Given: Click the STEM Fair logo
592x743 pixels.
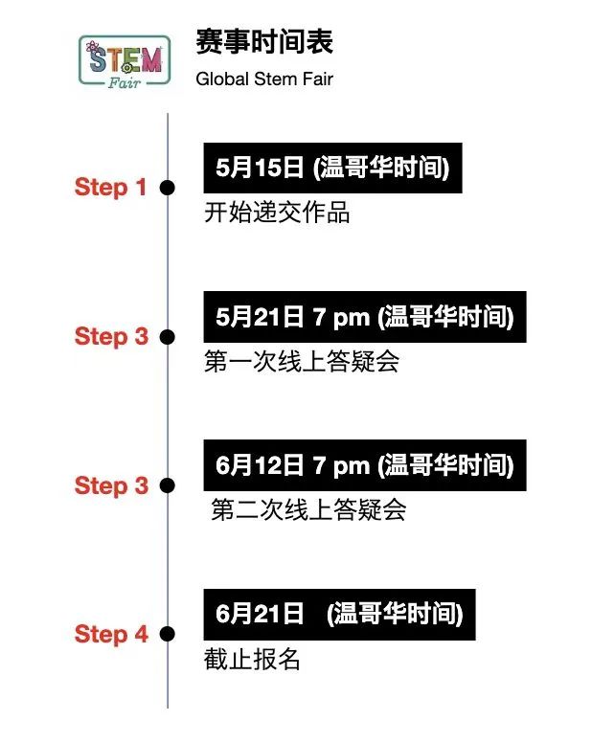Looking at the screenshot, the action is coord(125,61).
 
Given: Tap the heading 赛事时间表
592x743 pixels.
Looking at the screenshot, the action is coord(264,42).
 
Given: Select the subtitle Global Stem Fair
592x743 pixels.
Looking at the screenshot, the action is coord(264,79).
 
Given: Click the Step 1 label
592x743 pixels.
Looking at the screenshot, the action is coord(110,187).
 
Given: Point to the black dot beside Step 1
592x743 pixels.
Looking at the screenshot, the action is coord(167,188).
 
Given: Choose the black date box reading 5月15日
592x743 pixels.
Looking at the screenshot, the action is coord(332,168).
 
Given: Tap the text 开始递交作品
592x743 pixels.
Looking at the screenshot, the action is coord(277,213).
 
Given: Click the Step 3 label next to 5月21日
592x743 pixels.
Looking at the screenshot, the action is coord(111,336).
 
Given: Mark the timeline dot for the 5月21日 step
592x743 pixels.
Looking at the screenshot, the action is coord(167,337).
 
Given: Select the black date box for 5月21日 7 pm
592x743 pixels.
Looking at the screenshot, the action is coord(365,317).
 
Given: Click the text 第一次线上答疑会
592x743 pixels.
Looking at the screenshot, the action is coord(302,362).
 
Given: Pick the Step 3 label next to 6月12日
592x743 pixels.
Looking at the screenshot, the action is coord(111,485).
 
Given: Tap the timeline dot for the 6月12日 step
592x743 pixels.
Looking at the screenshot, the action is coord(167,485).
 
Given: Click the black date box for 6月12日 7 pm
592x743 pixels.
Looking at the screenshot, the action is coord(365,465).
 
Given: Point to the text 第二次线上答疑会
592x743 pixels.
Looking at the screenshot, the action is coord(308,510).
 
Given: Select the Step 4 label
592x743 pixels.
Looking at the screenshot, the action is coord(111,634).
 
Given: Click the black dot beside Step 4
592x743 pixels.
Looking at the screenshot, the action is coord(167,634).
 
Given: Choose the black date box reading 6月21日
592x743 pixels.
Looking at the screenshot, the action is coord(339,615).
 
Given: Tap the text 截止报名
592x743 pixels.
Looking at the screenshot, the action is coord(252,659).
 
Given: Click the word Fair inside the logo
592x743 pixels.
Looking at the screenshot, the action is coord(125,83).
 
